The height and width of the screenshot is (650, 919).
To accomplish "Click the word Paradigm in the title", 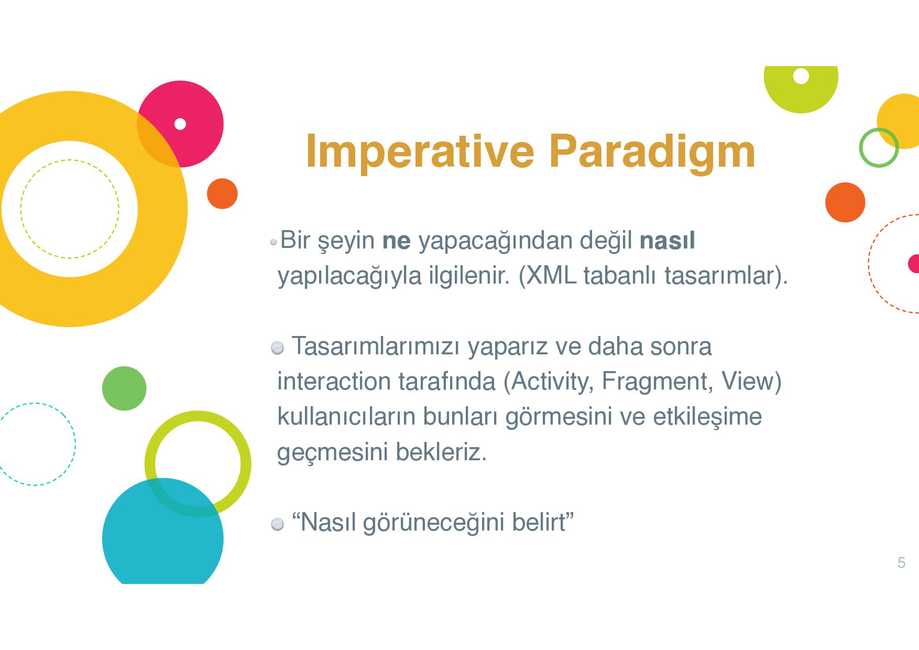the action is click(x=652, y=153).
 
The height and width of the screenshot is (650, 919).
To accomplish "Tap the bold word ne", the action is click(x=397, y=241).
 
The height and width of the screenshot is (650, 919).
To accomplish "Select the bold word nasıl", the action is click(x=667, y=240).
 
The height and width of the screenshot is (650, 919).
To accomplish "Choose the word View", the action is click(x=747, y=381).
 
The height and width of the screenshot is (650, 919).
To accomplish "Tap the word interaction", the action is click(x=334, y=381).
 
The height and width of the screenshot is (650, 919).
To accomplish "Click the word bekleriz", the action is click(x=441, y=451).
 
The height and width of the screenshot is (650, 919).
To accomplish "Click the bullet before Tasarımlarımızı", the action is click(x=277, y=348).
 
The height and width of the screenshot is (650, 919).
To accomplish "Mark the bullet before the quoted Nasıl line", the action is click(x=277, y=524).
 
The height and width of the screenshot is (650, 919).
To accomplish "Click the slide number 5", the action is click(x=901, y=562).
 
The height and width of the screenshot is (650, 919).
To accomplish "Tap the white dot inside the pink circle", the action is click(x=180, y=124).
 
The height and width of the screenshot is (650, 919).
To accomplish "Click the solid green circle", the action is click(x=124, y=388).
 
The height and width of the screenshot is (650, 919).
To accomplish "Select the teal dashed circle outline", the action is click(x=75, y=444).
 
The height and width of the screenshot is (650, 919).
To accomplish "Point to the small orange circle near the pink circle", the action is click(x=222, y=194).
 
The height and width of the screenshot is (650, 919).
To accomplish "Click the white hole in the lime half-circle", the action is click(x=801, y=76).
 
